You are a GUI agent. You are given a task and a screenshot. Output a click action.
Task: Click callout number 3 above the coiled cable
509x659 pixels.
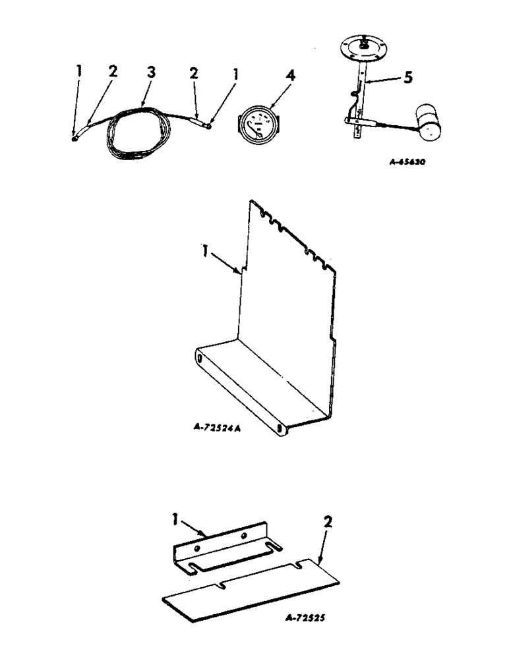pyautogui.click(x=151, y=73)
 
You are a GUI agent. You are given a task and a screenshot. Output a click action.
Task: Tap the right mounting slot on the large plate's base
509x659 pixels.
pyautogui.click(x=282, y=428)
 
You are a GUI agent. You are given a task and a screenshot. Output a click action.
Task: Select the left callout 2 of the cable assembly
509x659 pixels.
pyautogui.click(x=113, y=72)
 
